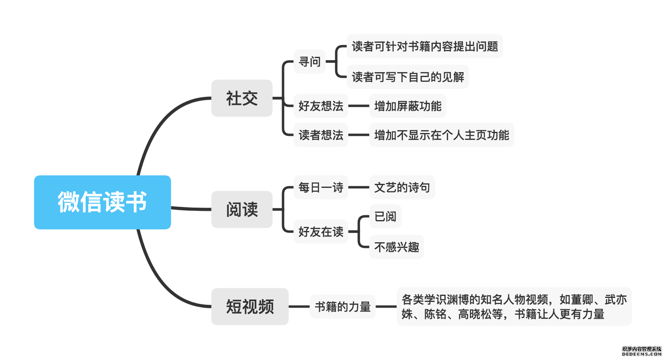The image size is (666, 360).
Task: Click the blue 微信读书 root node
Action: point(102,202)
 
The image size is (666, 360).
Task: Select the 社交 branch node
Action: point(242,98)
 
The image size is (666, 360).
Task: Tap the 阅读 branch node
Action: point(242,210)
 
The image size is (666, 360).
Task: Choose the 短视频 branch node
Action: point(250,306)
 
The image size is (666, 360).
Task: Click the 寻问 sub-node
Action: point(309,62)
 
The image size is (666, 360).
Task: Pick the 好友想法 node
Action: point(321,106)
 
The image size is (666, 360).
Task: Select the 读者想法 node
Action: point(321,135)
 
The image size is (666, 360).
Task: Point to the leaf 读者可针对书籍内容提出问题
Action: point(425,46)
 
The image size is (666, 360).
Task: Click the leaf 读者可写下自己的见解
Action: point(408,77)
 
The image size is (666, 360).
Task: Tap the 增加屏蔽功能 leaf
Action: point(408,106)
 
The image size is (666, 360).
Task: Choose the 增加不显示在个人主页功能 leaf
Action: point(442,135)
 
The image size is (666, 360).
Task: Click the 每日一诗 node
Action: point(321,187)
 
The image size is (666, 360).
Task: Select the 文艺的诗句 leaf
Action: point(402,187)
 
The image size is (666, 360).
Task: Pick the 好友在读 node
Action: point(321,232)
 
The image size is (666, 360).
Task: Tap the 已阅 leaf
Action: point(385,216)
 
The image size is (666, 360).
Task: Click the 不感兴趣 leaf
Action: point(396,247)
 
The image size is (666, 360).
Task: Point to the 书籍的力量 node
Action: point(342,307)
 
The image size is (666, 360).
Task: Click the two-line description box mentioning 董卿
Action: point(514,306)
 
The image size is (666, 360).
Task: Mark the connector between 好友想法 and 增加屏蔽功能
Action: point(359,106)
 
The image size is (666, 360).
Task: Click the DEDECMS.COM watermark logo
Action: point(641,351)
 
